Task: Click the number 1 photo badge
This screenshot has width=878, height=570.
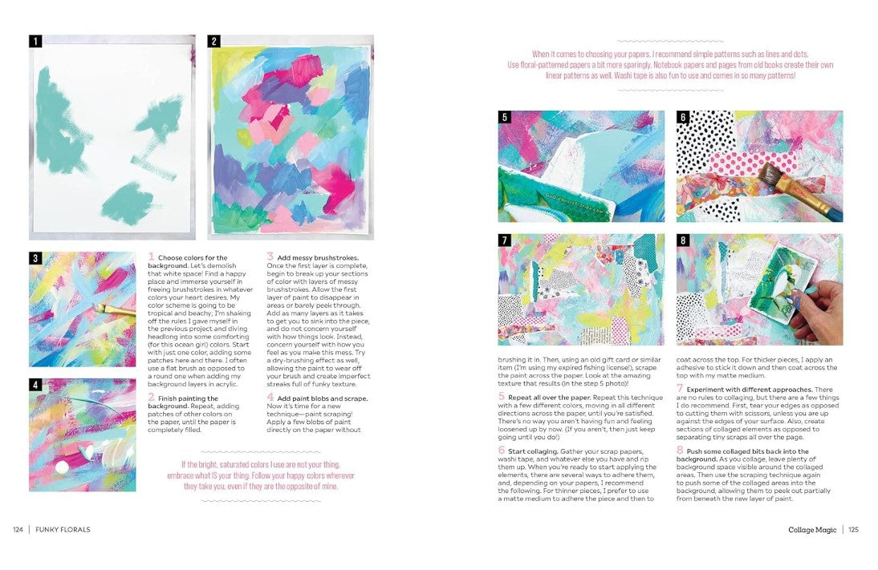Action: point(35,41)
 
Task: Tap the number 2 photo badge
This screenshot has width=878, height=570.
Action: point(214,41)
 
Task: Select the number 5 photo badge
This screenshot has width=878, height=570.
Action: point(505,117)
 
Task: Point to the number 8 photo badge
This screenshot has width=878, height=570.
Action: point(683,241)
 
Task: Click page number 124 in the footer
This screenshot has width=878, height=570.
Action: point(18,529)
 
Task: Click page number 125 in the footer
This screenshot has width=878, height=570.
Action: point(853,529)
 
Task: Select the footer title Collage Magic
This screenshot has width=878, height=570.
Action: point(813,529)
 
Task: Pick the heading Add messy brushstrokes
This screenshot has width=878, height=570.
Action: point(318,257)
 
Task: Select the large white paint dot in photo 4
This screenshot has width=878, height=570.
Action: point(60,467)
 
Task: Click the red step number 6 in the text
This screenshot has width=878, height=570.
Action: point(502,451)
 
